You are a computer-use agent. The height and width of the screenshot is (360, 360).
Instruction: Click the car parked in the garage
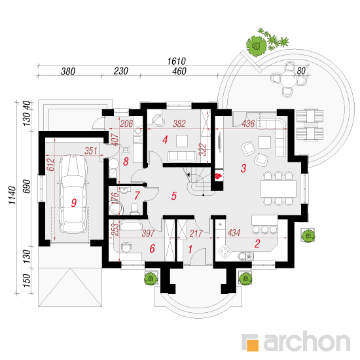pyautogui.click(x=73, y=194)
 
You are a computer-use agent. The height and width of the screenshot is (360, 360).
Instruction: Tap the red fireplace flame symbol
pyautogui.click(x=219, y=176)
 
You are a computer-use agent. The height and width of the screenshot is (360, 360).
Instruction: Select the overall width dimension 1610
pyautogui.click(x=176, y=62)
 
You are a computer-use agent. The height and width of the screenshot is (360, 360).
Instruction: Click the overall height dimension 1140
pyautogui.click(x=12, y=195)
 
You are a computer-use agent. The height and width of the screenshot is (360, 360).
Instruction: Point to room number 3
pyautogui.click(x=243, y=168)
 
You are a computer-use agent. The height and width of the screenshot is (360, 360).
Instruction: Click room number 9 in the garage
pyautogui.click(x=74, y=203)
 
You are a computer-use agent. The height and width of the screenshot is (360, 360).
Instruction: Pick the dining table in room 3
pyautogui.click(x=278, y=189)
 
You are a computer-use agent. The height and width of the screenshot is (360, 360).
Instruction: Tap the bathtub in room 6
pyautogui.click(x=131, y=225)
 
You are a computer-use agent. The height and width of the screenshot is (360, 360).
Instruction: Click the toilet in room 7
pyautogui.click(x=135, y=208)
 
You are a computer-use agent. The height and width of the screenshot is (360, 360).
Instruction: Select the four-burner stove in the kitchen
pyautogui.click(x=225, y=251)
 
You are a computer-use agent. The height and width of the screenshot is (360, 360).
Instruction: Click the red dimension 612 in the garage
pyautogui.click(x=50, y=164)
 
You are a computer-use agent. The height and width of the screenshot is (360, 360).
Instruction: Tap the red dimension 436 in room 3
pyautogui.click(x=248, y=124)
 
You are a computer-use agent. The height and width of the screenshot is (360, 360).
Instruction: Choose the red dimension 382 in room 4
pyautogui.click(x=179, y=124)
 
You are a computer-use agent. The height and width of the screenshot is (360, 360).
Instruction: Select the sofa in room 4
pyautogui.click(x=183, y=156)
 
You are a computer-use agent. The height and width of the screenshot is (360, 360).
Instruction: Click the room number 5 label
pyautogui.click(x=174, y=196)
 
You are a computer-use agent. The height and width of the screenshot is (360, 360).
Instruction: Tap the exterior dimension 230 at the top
pyautogui.click(x=121, y=71)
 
